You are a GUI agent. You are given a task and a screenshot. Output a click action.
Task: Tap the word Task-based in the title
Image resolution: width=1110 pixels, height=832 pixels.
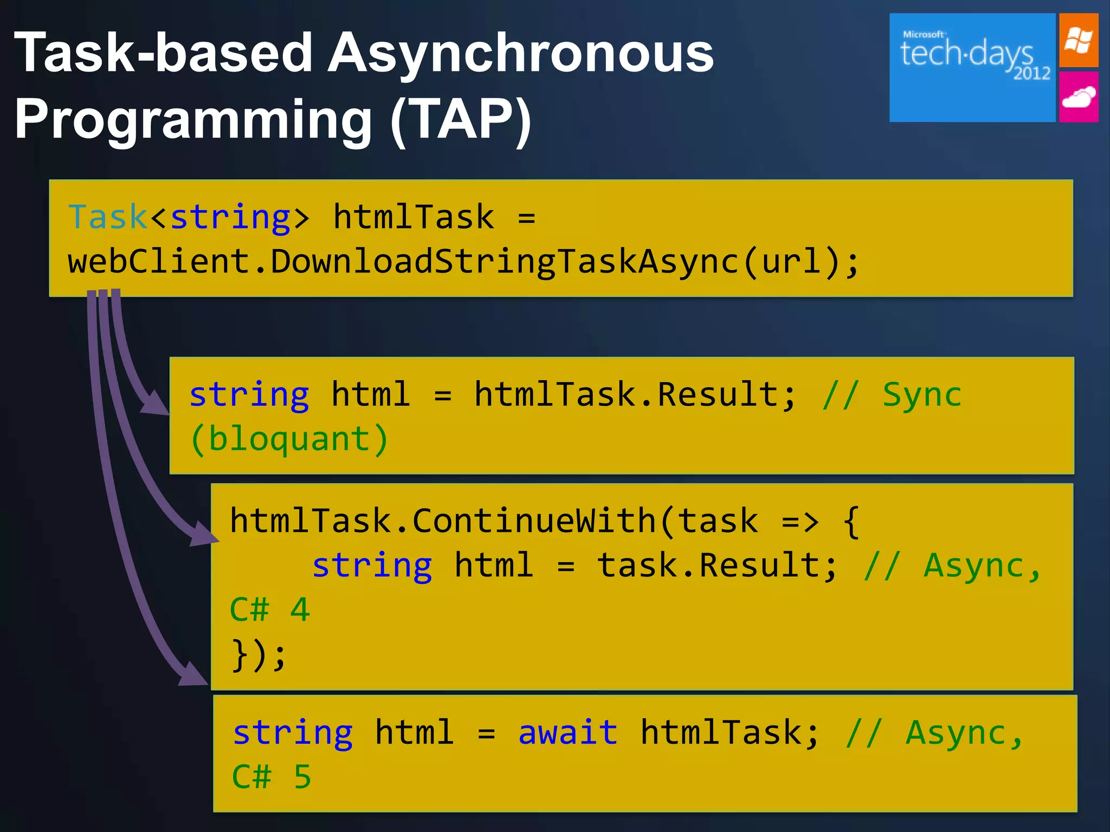click(163, 53)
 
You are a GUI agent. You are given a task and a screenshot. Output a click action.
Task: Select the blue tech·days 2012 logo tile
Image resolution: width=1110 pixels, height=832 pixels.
click(972, 68)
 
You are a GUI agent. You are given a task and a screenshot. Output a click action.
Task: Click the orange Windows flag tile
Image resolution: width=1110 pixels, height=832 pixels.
click(1079, 41)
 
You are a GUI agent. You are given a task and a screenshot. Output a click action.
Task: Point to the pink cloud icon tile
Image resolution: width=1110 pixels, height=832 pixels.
click(1079, 97)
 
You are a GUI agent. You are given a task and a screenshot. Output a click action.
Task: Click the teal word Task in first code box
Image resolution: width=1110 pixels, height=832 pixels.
click(107, 217)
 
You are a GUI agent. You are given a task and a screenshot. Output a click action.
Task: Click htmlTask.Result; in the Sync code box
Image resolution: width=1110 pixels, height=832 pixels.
click(634, 394)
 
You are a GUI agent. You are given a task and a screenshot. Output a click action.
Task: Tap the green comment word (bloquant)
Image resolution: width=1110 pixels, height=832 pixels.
click(289, 439)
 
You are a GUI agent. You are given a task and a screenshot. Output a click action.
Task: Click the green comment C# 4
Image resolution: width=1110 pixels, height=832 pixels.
click(269, 610)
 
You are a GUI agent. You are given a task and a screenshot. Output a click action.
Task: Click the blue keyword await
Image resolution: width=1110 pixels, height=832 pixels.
click(567, 733)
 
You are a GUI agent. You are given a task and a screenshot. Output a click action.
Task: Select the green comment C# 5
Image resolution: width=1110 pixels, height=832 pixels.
click(271, 777)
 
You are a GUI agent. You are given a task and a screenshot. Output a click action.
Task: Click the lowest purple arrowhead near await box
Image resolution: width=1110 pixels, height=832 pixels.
click(194, 674)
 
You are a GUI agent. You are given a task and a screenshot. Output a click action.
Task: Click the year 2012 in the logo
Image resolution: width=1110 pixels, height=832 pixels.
click(1031, 73)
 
